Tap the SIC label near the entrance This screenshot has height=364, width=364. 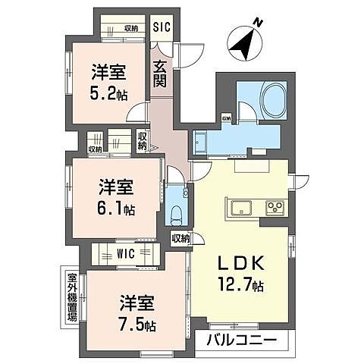pos(161,27)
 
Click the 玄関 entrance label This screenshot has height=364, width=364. pos(160,74)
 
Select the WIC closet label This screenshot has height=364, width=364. pos(127,253)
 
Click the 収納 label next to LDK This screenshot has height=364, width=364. pos(180,238)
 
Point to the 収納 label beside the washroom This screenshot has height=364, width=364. pos(226,118)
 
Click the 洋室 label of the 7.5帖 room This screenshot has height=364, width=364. pos(137,304)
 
